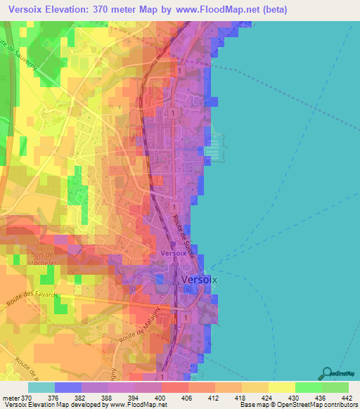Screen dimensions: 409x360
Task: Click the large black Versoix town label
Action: coord(200,279)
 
